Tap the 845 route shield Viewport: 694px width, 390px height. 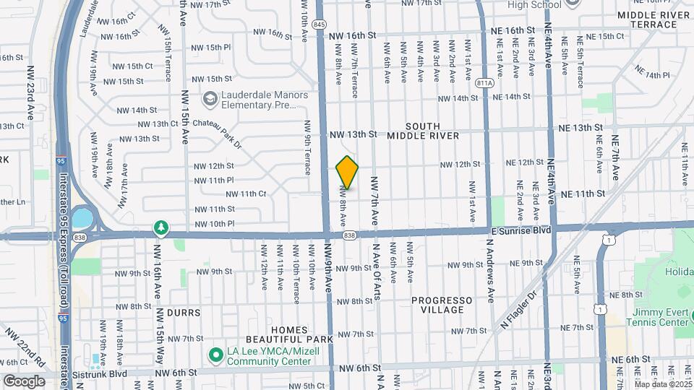click(x=320, y=25)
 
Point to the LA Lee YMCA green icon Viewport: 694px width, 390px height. click(x=215, y=355)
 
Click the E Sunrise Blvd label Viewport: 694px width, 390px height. click(x=521, y=230)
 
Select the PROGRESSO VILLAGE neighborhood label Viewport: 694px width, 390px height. click(x=442, y=305)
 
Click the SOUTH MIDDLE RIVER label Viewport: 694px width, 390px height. click(x=423, y=131)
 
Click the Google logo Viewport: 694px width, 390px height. click(x=24, y=381)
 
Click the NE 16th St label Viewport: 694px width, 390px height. click(x=511, y=31)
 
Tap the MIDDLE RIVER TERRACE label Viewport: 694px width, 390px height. click(x=654, y=19)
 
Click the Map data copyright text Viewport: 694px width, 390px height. click(x=662, y=383)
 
